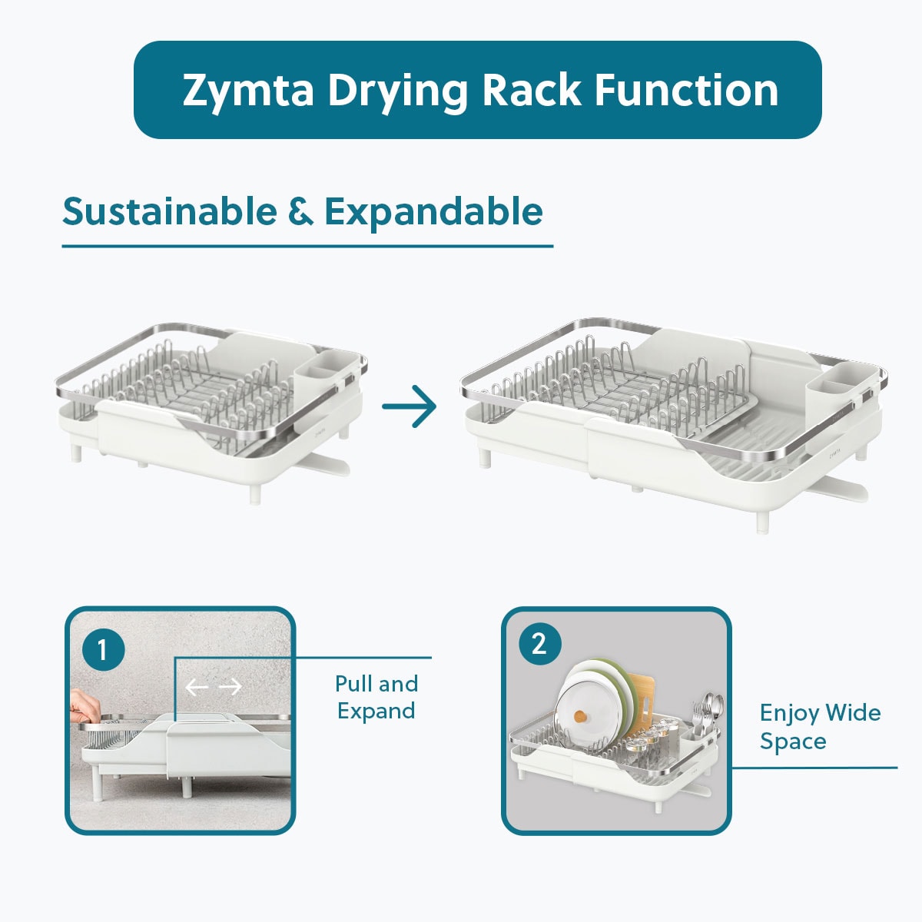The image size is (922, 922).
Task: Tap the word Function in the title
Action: [x=686, y=90]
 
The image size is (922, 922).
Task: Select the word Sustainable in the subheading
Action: [x=170, y=211]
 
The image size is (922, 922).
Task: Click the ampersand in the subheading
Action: [x=300, y=211]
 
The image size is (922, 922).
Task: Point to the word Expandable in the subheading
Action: [x=433, y=213]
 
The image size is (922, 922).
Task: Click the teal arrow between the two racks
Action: [x=409, y=406]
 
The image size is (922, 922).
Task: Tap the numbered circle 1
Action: [x=104, y=650]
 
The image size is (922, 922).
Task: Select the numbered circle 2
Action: [x=540, y=644]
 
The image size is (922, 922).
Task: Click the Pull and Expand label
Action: [x=376, y=697]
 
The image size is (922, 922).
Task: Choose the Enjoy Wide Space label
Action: [x=820, y=726]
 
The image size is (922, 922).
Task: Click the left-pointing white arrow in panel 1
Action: [x=197, y=688]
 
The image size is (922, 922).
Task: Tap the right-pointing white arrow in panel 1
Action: [x=230, y=688]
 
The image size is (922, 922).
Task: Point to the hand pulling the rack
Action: [x=85, y=707]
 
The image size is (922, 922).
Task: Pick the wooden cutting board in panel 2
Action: [x=639, y=702]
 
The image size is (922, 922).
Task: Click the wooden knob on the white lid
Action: [x=582, y=717]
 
